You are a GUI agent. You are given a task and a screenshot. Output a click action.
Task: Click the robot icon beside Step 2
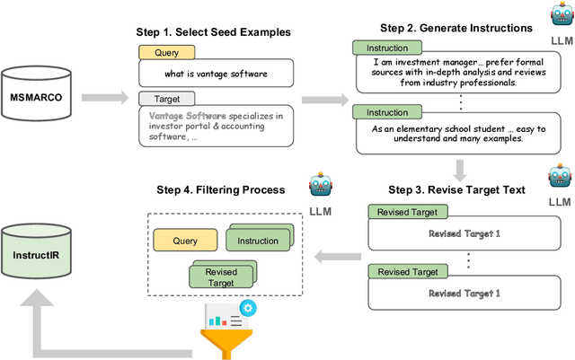pos(557,18)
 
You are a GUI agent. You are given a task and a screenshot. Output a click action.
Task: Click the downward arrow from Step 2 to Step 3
pos(459,170)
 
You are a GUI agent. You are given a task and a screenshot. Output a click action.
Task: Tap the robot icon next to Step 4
pos(321,187)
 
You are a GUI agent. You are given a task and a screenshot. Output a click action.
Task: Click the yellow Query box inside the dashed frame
pos(185,241)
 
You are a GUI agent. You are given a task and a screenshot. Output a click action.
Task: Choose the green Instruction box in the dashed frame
pos(257,241)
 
